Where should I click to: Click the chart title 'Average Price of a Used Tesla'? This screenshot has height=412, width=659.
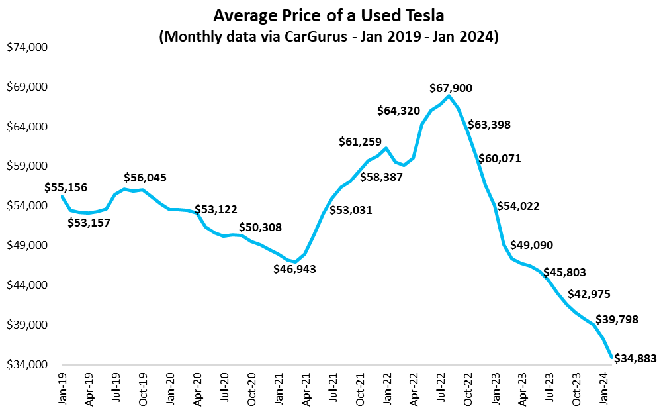pyautogui.click(x=329, y=15)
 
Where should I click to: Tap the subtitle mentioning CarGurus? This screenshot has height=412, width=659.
pyautogui.click(x=329, y=36)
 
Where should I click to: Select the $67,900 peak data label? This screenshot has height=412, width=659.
pyautogui.click(x=451, y=87)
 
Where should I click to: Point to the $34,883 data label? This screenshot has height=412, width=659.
pyautogui.click(x=636, y=358)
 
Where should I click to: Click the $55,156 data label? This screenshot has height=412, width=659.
pyautogui.click(x=66, y=187)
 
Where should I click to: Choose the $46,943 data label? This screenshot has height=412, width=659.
pyautogui.click(x=295, y=269)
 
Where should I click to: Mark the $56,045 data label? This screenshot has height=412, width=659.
pyautogui.click(x=145, y=178)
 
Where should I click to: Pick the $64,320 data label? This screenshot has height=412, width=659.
pyautogui.click(x=399, y=111)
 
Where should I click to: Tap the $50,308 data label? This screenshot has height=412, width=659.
pyautogui.click(x=260, y=227)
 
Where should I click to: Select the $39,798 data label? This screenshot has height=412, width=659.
pyautogui.click(x=617, y=319)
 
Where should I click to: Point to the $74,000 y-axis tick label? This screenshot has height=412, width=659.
pyautogui.click(x=28, y=48)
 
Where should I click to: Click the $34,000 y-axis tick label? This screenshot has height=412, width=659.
pyautogui.click(x=28, y=365)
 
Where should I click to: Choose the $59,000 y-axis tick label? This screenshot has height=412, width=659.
pyautogui.click(x=28, y=166)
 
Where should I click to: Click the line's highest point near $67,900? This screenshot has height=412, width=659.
pyautogui.click(x=449, y=96)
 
